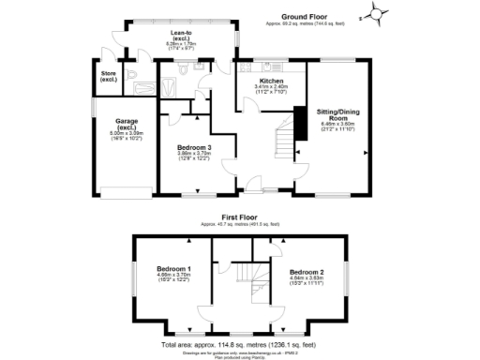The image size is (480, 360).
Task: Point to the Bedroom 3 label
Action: pos(195,146)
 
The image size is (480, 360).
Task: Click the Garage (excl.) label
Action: pos(127,124)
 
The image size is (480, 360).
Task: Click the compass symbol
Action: pos(376,14)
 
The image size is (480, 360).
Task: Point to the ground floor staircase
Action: pos(282,141)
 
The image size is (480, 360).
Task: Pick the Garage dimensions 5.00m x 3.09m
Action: pos(127,134)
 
